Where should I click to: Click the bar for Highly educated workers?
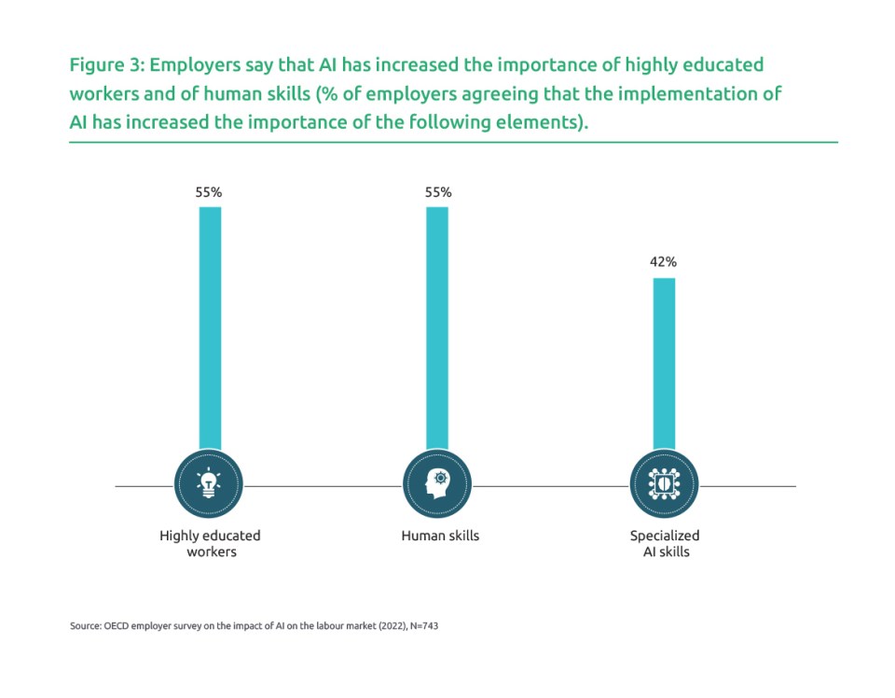click(210, 327)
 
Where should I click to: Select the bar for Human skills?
click(437, 327)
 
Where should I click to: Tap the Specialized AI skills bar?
click(663, 364)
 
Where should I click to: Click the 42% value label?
click(663, 262)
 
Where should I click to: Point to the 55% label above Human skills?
click(437, 192)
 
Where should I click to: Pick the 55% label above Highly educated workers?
click(209, 192)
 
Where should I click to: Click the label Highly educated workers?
click(210, 543)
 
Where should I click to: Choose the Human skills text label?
click(440, 536)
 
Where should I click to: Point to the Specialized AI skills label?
click(664, 543)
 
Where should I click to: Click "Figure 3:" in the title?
click(106, 66)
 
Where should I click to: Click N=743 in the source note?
click(423, 626)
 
